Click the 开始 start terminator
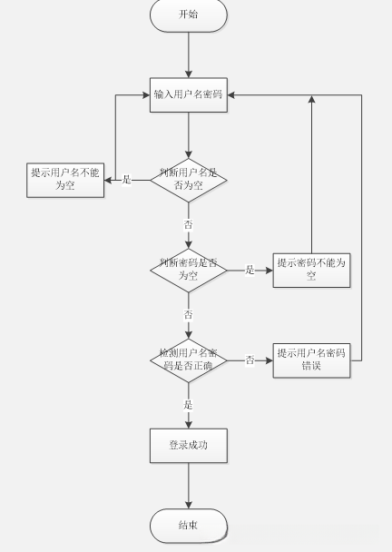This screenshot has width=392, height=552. [188, 15]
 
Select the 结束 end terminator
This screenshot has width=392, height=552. [188, 525]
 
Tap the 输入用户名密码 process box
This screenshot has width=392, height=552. [188, 94]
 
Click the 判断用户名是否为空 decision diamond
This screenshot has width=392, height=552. [188, 179]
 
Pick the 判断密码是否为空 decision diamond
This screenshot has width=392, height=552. [188, 269]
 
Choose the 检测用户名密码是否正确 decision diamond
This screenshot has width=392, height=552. [188, 360]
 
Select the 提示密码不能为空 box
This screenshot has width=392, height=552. [311, 269]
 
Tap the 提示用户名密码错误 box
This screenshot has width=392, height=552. [311, 360]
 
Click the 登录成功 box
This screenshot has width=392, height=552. [188, 445]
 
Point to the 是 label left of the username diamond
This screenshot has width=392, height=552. [126, 180]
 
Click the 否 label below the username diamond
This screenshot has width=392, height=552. [188, 222]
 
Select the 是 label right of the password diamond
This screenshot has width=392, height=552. [250, 270]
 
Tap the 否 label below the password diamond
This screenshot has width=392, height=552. [188, 313]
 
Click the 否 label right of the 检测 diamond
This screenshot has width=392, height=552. [250, 360]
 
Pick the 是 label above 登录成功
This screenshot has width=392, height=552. [188, 404]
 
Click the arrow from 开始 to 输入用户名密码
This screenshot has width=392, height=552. [188, 54]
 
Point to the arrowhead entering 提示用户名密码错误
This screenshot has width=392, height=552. [269, 360]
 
